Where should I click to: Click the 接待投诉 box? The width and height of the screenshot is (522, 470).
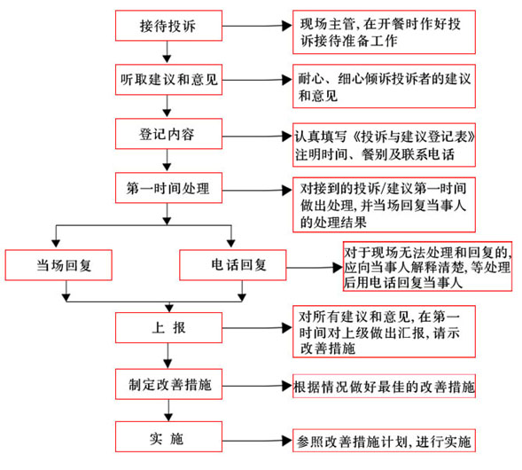tap(168, 26)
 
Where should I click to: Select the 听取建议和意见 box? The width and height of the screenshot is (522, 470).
tap(168, 79)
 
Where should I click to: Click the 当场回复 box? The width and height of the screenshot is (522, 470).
tap(59, 263)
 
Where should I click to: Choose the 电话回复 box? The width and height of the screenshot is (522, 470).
tap(234, 263)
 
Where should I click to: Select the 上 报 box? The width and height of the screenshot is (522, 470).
tap(168, 328)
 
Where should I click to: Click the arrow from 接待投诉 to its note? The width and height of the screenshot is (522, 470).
tap(257, 26)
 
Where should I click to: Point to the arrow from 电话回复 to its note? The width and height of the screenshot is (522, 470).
tap(310, 264)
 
